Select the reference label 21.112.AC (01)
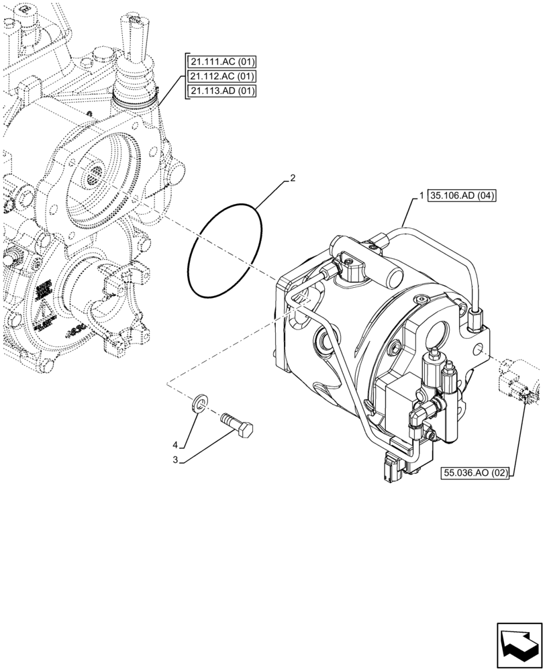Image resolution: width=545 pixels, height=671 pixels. (222, 76)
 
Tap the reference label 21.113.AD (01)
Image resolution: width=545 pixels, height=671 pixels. (222, 91)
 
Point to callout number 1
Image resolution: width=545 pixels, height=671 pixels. (421, 196)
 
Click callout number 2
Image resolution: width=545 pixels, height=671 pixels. (293, 179)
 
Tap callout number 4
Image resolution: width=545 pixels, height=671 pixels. (175, 445)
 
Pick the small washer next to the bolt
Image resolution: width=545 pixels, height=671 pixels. (199, 403)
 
